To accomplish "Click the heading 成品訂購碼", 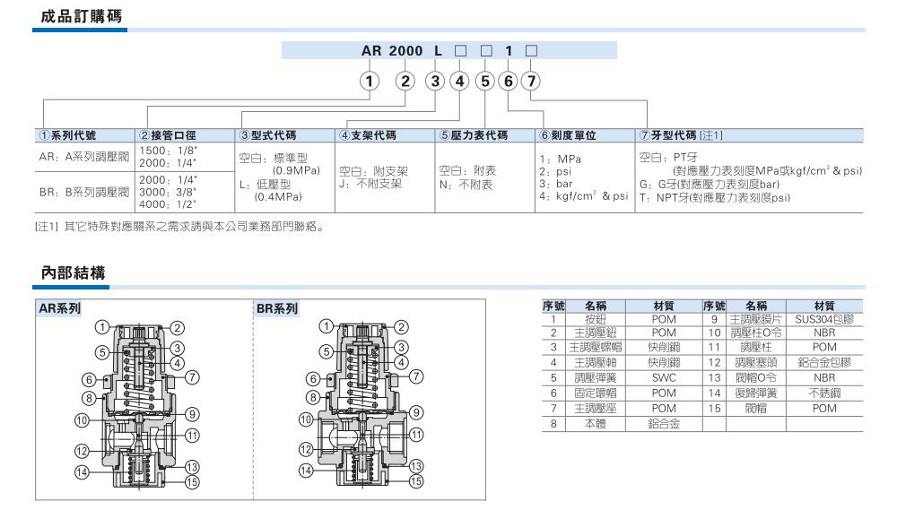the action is (x=82, y=16).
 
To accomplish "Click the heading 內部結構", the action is (x=74, y=272).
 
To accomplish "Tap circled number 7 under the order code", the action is (x=531, y=82).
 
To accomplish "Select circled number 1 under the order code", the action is (x=370, y=82).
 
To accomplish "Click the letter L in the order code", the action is (x=439, y=51).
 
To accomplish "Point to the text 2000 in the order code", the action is (x=405, y=51).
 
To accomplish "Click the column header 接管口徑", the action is (x=167, y=135).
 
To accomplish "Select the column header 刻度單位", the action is (x=568, y=135).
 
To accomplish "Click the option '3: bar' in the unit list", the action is (x=556, y=184).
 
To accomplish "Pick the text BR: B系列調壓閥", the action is (x=84, y=192).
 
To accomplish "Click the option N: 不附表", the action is (x=466, y=185).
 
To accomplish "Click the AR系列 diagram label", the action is (x=59, y=308).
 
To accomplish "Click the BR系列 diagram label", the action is (x=277, y=308).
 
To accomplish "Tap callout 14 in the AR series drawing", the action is (x=82, y=472).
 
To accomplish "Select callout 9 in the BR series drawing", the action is (x=416, y=412).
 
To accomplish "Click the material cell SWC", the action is (x=664, y=378).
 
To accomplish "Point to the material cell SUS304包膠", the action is (x=824, y=319).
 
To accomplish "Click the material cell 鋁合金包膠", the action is (x=824, y=362).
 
